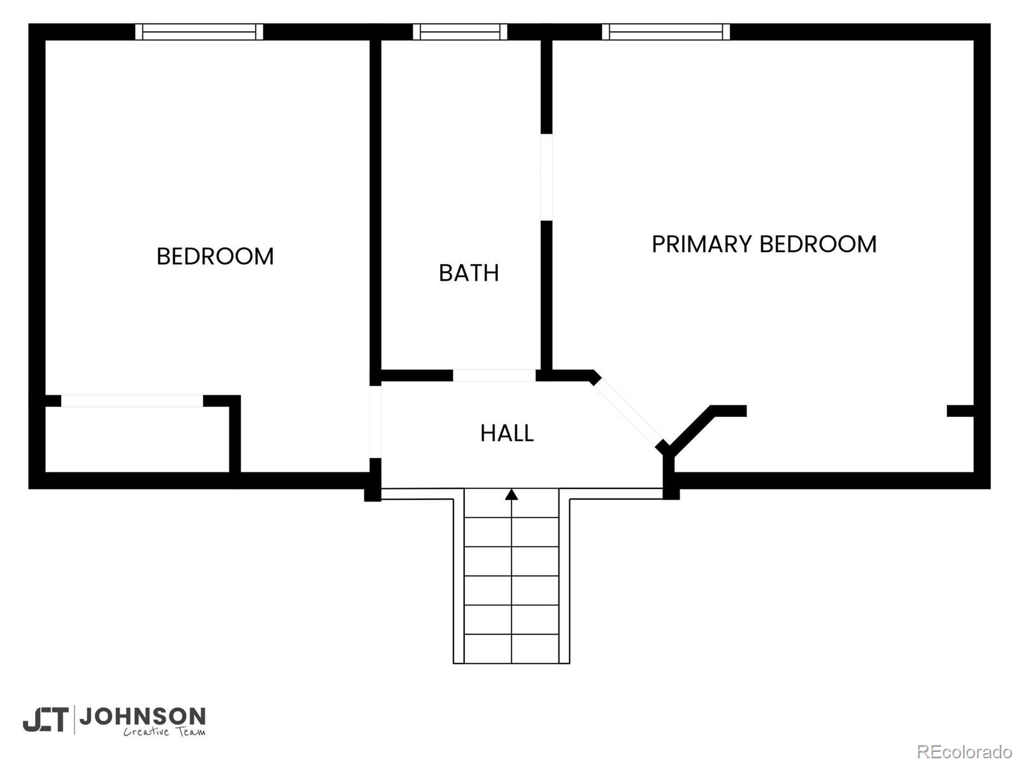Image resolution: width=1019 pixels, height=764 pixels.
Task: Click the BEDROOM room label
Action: click(x=215, y=256)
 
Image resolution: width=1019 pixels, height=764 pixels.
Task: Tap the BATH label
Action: click(x=469, y=272)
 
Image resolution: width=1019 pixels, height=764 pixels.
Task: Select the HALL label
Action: click(x=507, y=434)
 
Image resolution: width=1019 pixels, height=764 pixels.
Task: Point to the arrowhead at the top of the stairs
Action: click(x=511, y=494)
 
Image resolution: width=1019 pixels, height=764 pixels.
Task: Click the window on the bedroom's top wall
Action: click(x=199, y=32)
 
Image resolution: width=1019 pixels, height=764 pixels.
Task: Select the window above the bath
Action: click(x=460, y=32)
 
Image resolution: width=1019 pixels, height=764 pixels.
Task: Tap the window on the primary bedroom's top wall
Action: click(x=666, y=32)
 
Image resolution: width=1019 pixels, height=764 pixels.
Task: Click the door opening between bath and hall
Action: click(x=494, y=375)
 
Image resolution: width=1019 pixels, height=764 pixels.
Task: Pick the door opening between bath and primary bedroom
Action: click(x=546, y=177)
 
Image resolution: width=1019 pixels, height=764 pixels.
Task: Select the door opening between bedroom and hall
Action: click(x=376, y=421)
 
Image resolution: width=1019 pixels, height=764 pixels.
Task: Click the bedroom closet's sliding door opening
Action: click(x=132, y=401)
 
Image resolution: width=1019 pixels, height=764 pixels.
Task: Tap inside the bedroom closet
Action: click(x=137, y=439)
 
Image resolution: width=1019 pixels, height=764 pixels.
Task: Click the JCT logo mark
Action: click(x=45, y=719)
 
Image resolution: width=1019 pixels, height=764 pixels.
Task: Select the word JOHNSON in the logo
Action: click(x=143, y=717)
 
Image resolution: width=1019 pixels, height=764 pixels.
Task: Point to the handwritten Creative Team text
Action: click(x=164, y=732)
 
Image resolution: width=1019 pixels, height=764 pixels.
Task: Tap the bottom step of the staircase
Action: click(x=511, y=649)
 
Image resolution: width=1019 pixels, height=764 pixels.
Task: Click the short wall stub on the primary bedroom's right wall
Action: click(x=960, y=411)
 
